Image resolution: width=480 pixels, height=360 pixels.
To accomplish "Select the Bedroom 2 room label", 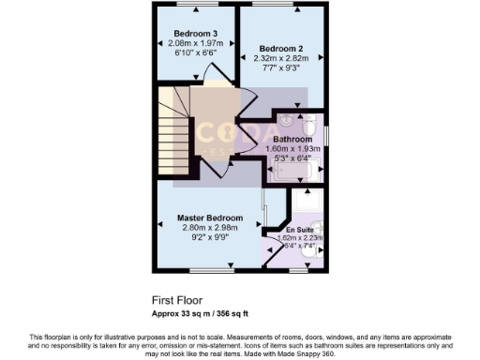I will [280, 49].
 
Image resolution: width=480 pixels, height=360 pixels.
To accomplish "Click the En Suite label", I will [300, 229].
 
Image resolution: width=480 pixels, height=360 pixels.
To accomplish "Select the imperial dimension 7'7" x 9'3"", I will [280, 68].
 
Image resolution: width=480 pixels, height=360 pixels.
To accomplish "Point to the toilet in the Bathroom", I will [284, 121].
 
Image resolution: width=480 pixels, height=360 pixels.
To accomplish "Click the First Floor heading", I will [178, 301].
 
